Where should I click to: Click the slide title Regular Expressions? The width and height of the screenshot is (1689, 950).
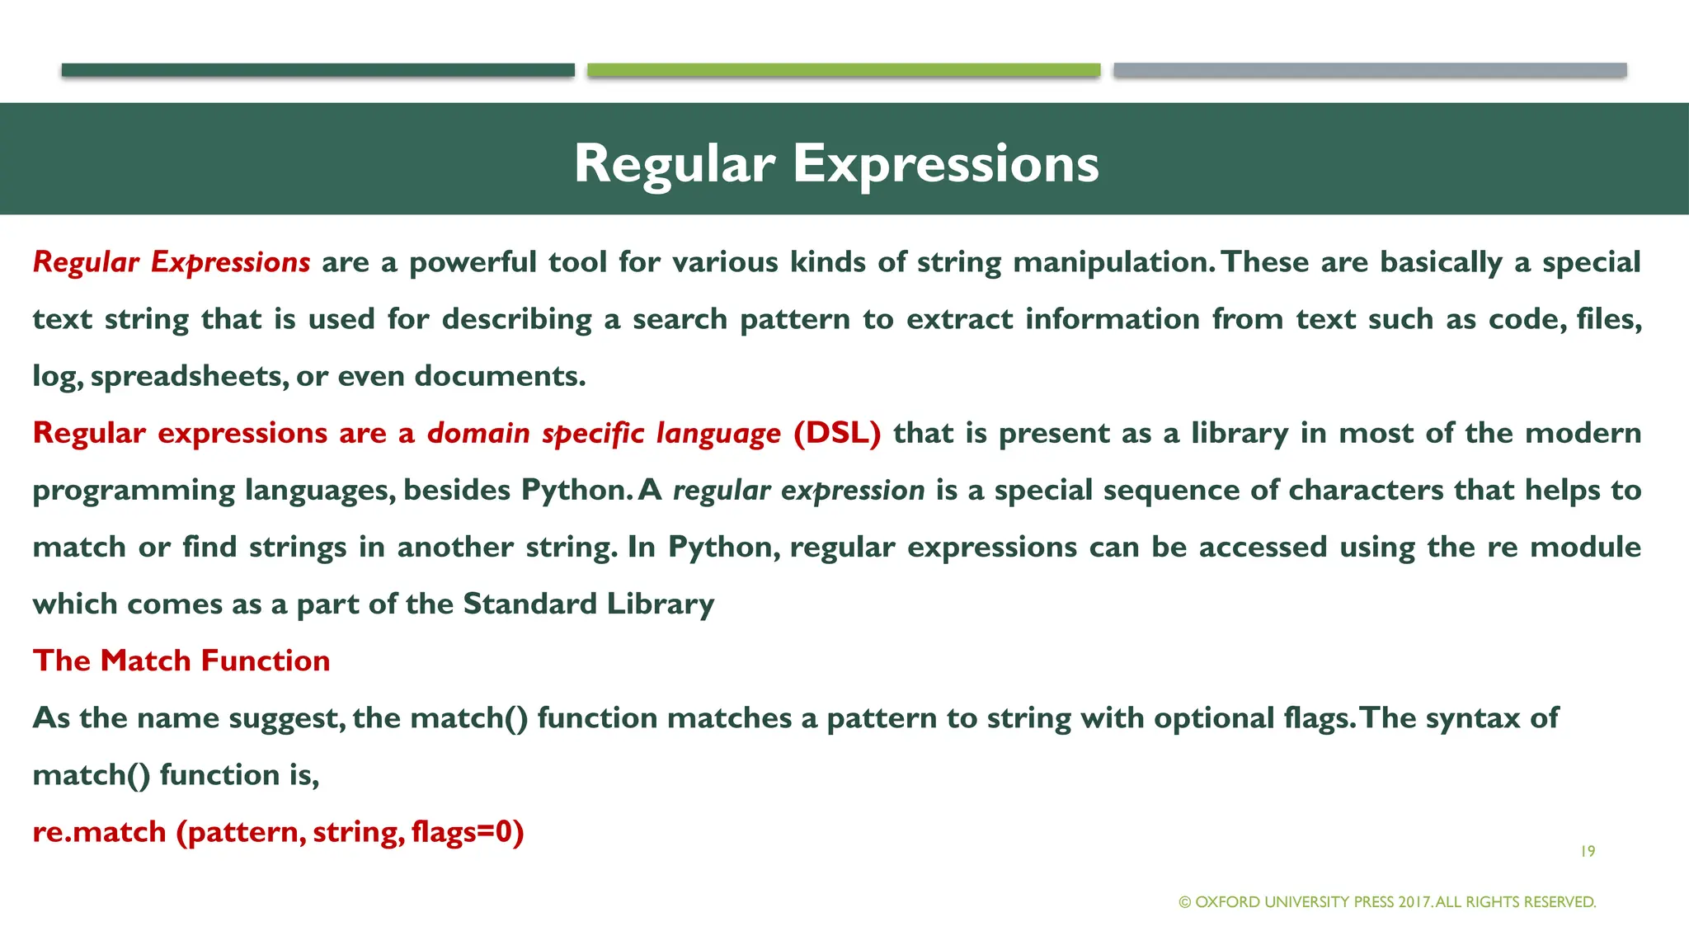click(x=836, y=162)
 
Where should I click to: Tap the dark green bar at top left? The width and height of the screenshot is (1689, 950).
click(x=318, y=70)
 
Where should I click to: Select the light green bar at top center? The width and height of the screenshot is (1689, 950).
click(x=844, y=70)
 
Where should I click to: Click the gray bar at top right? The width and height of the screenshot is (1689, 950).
click(x=1370, y=70)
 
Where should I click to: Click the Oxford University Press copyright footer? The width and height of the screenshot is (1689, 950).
click(x=1387, y=902)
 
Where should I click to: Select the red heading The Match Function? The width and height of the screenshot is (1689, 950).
click(x=181, y=661)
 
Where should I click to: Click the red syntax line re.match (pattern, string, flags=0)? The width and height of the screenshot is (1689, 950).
click(x=278, y=831)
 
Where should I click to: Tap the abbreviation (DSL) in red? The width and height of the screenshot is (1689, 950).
click(x=837, y=433)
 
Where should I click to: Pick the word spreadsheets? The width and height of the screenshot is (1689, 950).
click(x=188, y=376)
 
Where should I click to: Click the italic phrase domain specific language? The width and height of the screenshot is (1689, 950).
click(x=604, y=433)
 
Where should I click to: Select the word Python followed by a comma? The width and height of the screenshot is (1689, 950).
click(x=723, y=547)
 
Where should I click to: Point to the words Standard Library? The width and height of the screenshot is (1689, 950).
click(x=588, y=604)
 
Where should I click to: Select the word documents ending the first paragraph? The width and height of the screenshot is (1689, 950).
click(x=500, y=376)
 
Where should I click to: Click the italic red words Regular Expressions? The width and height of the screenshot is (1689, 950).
click(x=172, y=262)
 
